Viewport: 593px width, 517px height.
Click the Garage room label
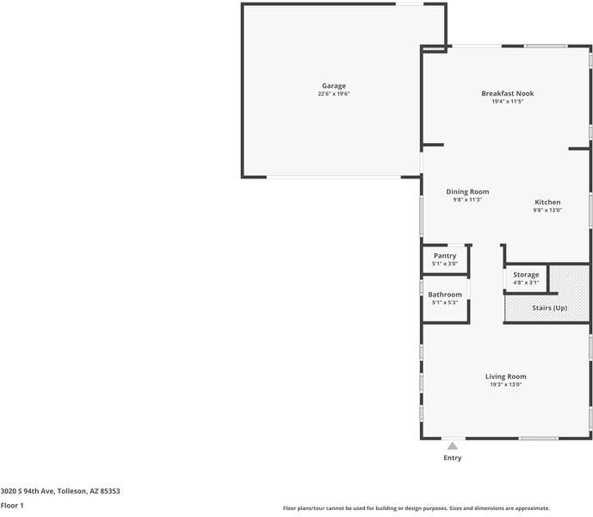pos(334,86)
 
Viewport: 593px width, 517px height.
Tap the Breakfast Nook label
pos(508,93)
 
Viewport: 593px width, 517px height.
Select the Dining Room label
pos(467,191)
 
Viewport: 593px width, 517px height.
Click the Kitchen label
pos(547,202)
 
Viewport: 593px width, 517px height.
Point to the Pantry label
pos(445,256)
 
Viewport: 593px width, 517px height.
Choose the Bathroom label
pos(445,295)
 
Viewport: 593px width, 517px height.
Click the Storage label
pos(527,275)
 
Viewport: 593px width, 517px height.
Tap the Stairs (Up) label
pos(549,308)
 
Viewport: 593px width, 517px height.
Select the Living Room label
pos(506,377)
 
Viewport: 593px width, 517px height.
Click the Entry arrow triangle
pos(452,445)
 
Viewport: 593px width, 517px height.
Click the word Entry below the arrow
pos(452,458)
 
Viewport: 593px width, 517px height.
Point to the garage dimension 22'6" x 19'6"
pos(334,94)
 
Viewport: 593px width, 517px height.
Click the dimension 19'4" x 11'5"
pos(508,101)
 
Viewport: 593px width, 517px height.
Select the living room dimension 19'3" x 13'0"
pos(506,384)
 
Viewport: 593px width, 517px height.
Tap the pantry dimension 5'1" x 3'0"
pos(445,264)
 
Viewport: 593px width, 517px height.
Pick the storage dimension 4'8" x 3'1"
pos(527,283)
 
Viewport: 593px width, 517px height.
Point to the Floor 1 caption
pos(12,505)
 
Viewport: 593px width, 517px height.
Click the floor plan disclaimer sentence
pos(417,508)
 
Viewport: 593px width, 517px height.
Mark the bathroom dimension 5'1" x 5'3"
pos(445,302)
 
